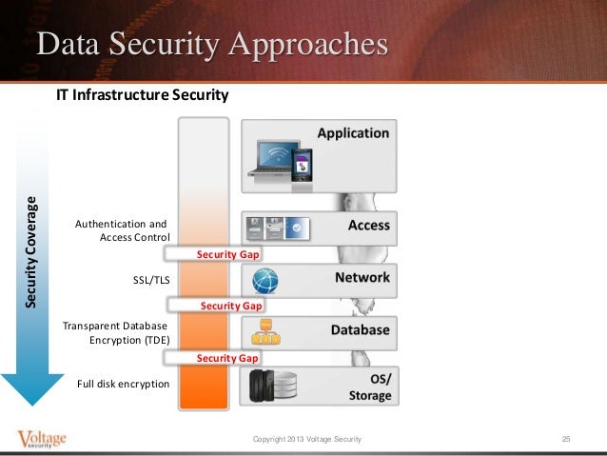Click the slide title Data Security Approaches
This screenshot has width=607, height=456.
pos(212,46)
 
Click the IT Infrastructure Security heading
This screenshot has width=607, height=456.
pos(143,95)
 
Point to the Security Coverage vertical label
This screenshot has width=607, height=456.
pos(32,251)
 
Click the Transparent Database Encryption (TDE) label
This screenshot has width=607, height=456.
pos(116,332)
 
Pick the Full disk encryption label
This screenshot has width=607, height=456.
pos(124,384)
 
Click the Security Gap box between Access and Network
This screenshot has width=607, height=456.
pos(227,255)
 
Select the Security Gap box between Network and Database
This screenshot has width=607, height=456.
pos(231,306)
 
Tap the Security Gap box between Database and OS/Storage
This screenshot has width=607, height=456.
pos(227,357)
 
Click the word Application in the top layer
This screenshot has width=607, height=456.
pos(353,133)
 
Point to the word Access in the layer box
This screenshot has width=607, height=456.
pos(369,227)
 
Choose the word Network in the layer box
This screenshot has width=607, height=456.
pos(362,278)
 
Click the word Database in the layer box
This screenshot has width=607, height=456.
pos(360,329)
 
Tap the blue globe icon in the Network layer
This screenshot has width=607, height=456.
pos(265,281)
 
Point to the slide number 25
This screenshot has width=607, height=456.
pos(566,439)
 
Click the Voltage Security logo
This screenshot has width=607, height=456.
pos(42,440)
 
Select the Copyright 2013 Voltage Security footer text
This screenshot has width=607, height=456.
pos(306,439)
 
